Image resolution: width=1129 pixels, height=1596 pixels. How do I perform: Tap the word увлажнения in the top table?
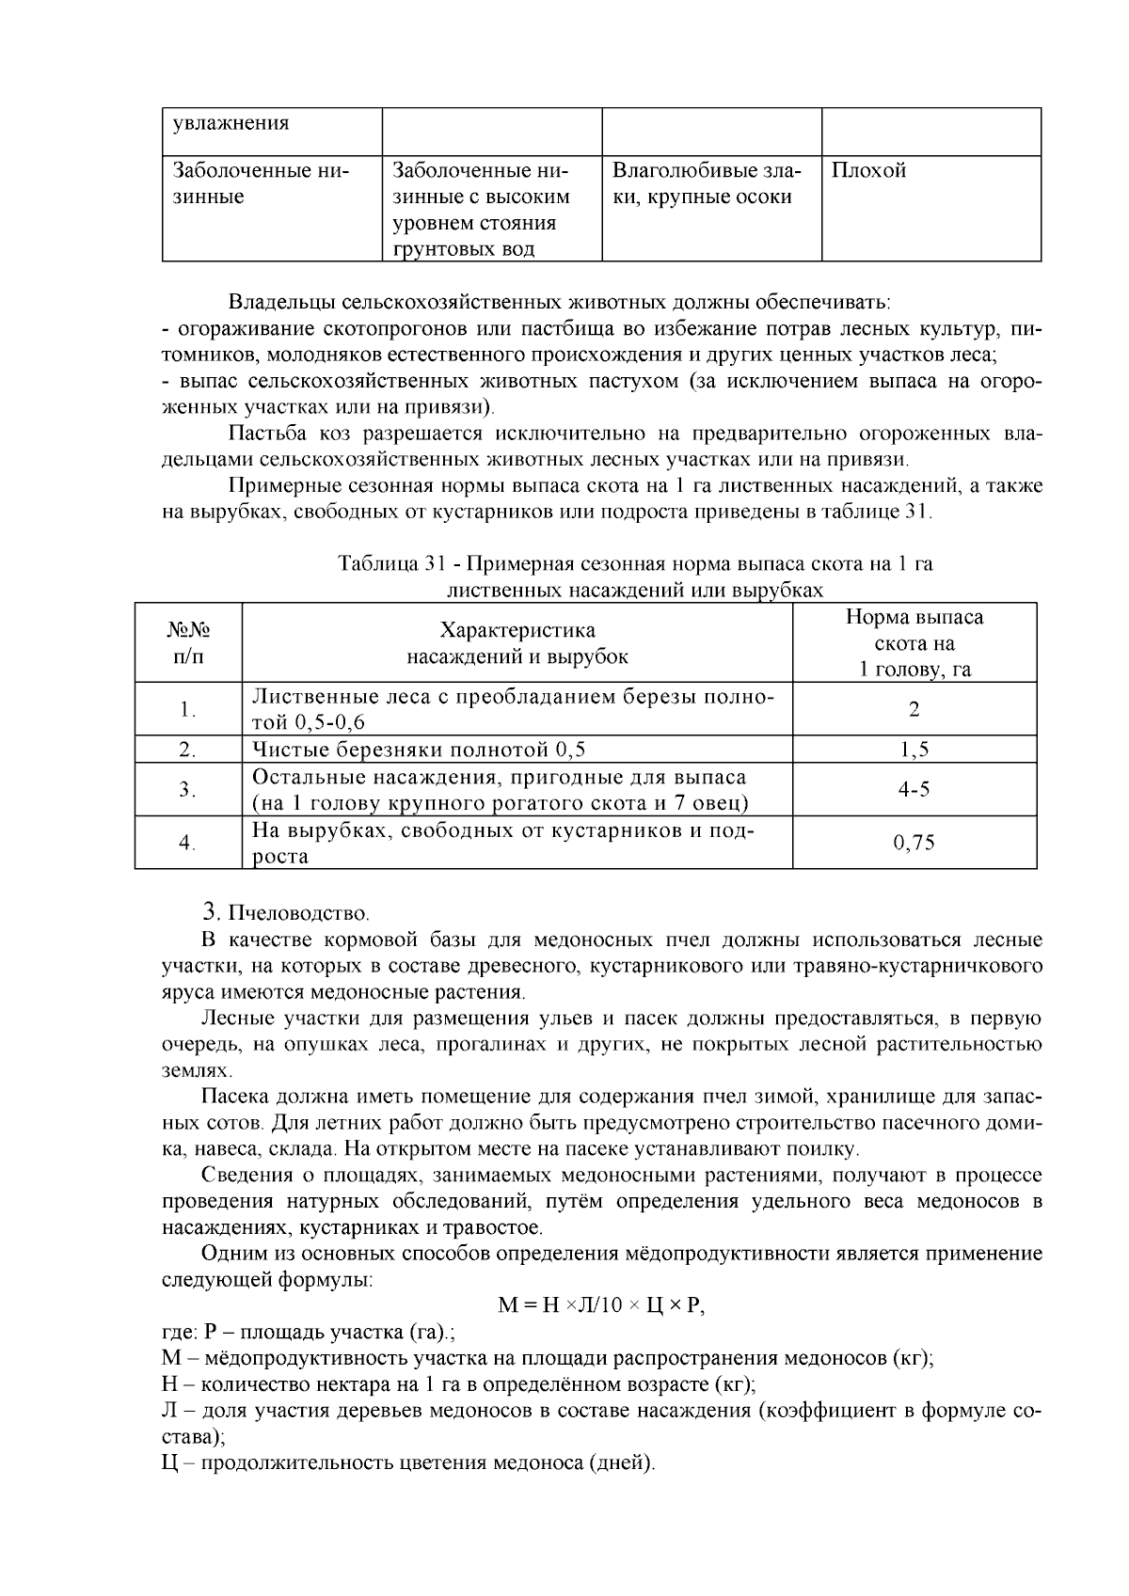tap(231, 124)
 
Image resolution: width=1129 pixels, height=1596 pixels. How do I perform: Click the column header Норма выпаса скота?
tap(914, 643)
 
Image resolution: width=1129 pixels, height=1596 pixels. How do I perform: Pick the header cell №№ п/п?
tap(188, 643)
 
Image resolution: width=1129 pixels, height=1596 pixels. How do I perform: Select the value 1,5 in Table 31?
tap(914, 750)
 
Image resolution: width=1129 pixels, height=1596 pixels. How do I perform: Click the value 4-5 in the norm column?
tap(914, 790)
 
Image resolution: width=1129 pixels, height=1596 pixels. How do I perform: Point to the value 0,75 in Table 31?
tap(914, 843)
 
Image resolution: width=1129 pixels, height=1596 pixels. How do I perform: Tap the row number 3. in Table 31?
tap(188, 790)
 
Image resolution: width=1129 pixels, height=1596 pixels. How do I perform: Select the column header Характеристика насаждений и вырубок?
tap(517, 643)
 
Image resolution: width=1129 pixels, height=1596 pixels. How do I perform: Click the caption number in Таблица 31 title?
tap(434, 564)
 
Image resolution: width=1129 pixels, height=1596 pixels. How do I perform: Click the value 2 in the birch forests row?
tap(914, 709)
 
